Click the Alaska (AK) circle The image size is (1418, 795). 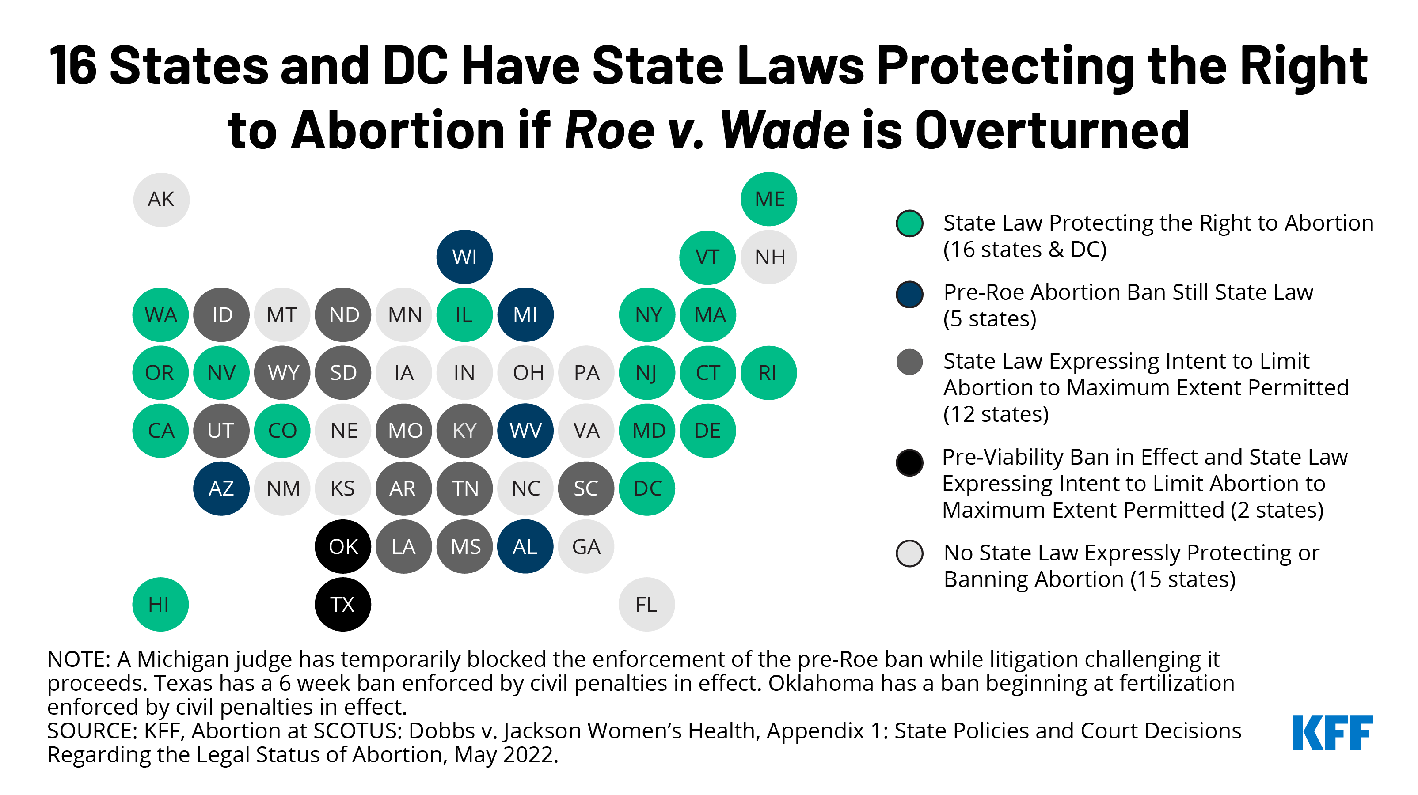pyautogui.click(x=161, y=200)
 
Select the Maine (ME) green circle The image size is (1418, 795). pyautogui.click(x=768, y=200)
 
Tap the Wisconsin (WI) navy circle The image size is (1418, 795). pyautogui.click(x=464, y=257)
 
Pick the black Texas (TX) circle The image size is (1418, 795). pyautogui.click(x=342, y=604)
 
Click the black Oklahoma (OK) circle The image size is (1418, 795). pyautogui.click(x=342, y=546)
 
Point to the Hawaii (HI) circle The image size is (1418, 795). pyautogui.click(x=160, y=604)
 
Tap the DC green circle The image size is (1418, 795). pyautogui.click(x=647, y=488)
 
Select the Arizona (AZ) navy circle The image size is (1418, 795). pyautogui.click(x=221, y=488)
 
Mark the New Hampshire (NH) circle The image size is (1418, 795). pyautogui.click(x=768, y=257)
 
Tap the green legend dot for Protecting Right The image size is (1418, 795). pyautogui.click(x=909, y=223)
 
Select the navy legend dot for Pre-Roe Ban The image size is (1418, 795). pyautogui.click(x=909, y=294)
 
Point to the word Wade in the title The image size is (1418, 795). pyautogui.click(x=785, y=130)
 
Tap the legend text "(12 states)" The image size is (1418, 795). pyautogui.click(x=995, y=414)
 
